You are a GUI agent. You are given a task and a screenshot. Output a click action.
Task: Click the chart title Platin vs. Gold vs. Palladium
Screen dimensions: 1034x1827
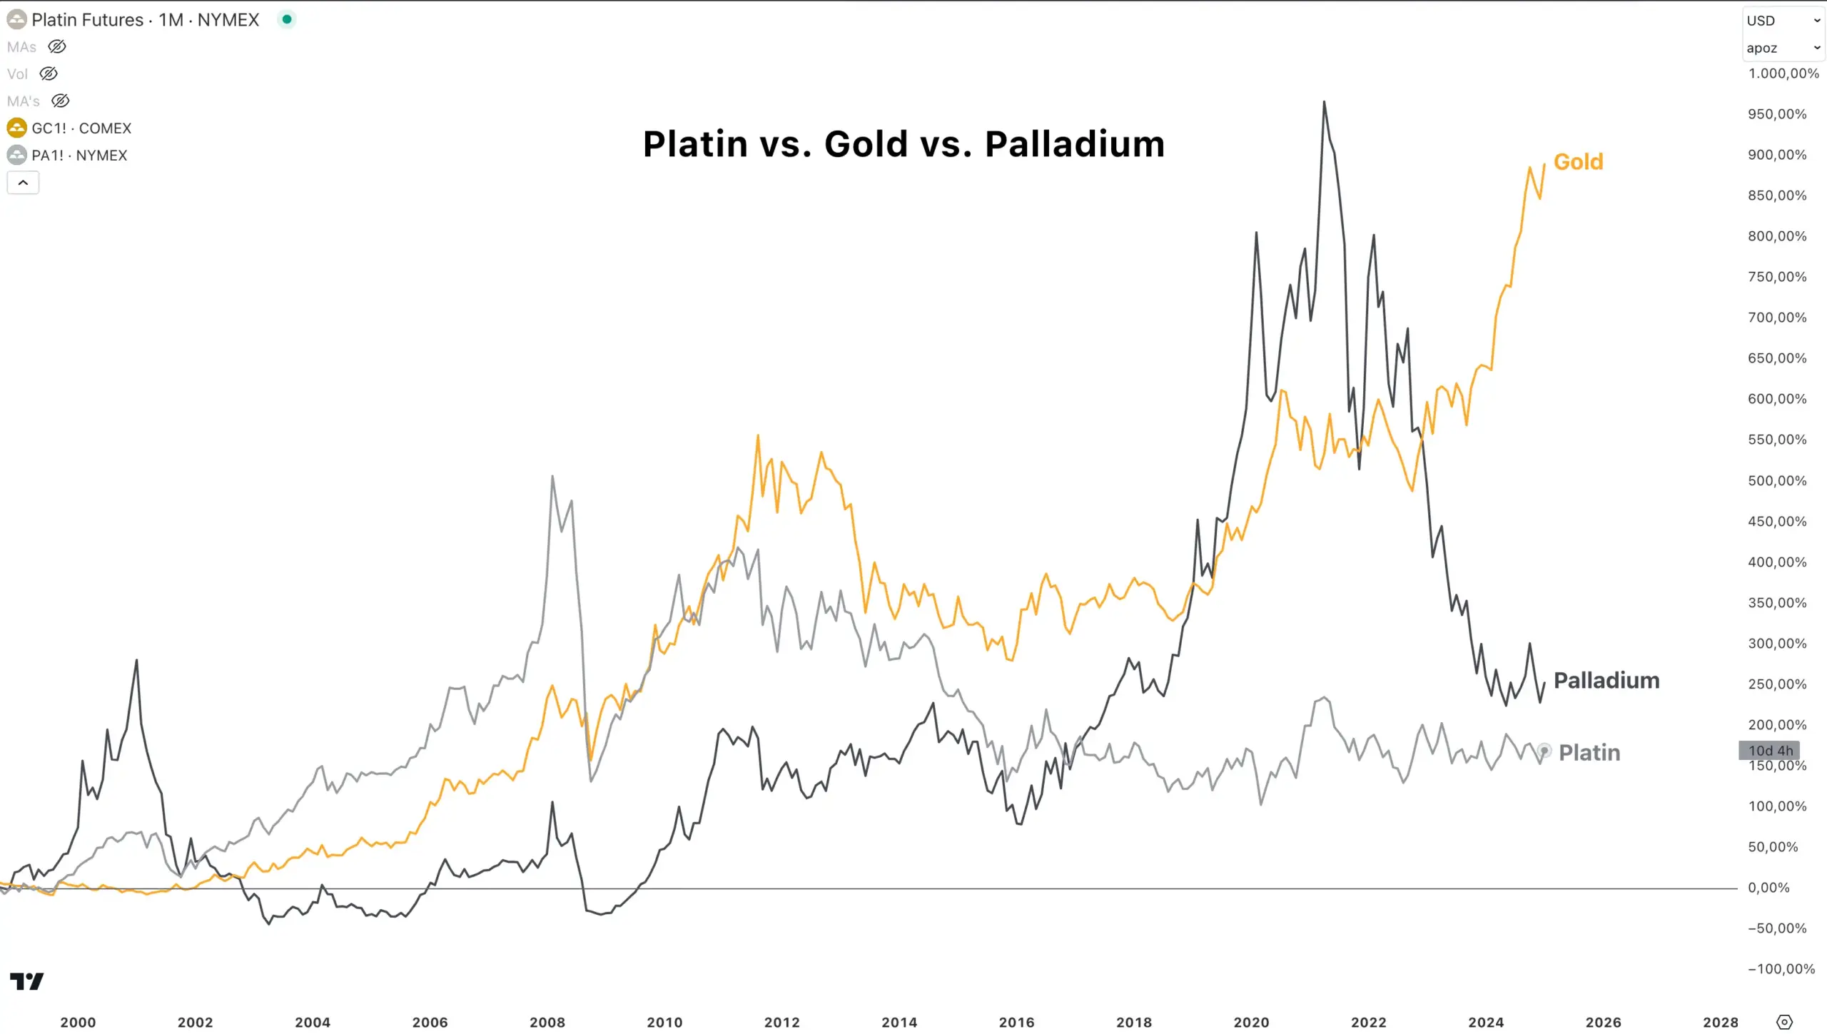pos(904,144)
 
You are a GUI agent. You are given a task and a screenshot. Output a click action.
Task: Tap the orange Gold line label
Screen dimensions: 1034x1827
pos(1578,162)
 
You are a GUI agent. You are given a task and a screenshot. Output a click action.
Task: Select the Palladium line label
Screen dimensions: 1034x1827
pos(1606,680)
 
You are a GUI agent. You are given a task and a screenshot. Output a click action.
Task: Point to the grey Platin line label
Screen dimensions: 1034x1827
pos(1589,752)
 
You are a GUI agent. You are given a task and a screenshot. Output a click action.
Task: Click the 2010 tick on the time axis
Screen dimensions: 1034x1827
pos(664,1022)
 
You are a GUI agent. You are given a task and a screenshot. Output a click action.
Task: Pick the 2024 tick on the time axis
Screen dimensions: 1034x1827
pos(1486,1022)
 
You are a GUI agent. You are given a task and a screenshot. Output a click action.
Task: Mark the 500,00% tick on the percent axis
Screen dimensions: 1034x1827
pos(1777,480)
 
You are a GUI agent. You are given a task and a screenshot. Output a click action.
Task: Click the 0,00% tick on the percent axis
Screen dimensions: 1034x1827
pos(1768,888)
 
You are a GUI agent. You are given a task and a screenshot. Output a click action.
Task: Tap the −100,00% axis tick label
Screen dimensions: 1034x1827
pos(1781,968)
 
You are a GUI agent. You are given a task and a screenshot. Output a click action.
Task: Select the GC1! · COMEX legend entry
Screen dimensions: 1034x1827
pos(81,128)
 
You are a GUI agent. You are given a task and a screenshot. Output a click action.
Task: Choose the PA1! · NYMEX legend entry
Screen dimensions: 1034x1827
pos(79,156)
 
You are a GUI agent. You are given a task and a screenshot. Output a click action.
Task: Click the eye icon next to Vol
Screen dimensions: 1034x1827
pos(49,74)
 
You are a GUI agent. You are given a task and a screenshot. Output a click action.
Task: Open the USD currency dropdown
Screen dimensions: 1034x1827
pos(1783,21)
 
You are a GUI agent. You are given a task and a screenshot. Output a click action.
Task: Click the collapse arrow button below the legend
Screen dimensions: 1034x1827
pos(23,183)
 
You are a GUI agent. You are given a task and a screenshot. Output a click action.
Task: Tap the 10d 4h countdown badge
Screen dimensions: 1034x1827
pos(1770,750)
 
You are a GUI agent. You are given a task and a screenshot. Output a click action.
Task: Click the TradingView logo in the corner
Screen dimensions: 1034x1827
pos(27,981)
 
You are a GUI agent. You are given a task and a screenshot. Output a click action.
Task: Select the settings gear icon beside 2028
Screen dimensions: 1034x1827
pos(1783,1022)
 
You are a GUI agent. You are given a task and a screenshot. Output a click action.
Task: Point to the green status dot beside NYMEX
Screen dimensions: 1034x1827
pos(287,19)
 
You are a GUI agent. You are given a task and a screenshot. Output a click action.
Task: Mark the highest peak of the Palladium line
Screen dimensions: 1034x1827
pos(1324,102)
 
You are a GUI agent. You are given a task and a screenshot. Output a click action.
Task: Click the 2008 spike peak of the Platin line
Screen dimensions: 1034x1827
pos(552,476)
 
